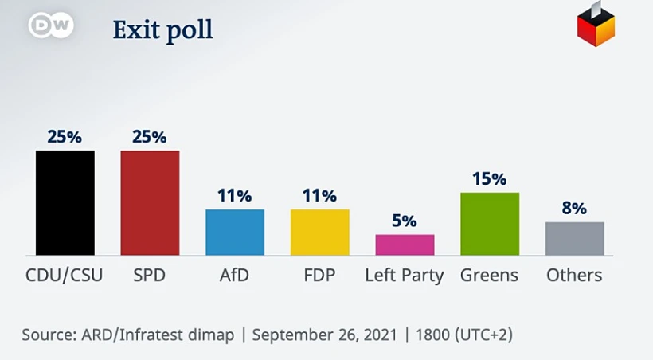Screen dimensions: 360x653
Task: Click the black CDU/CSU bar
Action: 65,202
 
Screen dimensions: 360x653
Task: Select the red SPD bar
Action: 150,202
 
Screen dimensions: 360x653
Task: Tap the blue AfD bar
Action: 235,232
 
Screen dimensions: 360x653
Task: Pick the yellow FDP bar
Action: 319,232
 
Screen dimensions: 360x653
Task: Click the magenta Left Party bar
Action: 405,245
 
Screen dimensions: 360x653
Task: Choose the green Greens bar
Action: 490,224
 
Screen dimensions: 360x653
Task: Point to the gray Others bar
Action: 574,238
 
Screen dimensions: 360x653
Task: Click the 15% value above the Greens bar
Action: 490,178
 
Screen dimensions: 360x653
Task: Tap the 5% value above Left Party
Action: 405,221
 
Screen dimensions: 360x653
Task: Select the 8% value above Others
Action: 574,209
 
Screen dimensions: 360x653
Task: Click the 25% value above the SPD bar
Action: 150,137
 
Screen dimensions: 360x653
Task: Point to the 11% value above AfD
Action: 235,196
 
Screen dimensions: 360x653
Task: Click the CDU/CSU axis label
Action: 65,276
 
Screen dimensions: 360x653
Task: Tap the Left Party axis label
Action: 405,276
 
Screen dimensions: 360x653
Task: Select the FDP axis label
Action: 319,276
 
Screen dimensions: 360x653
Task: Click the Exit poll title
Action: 162,30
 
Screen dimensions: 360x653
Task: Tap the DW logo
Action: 51,25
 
